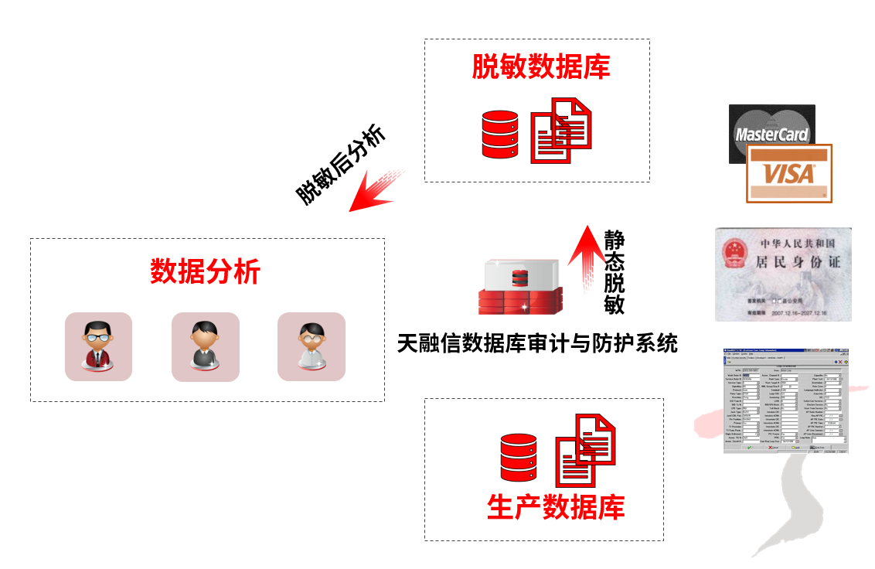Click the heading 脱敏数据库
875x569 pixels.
point(541,67)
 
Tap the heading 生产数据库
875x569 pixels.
point(556,507)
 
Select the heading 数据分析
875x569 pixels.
point(205,272)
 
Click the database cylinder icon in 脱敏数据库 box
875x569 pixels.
point(499,135)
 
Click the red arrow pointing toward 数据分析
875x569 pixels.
point(375,190)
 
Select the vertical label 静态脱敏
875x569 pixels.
point(614,270)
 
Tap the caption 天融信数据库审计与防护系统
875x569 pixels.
point(537,342)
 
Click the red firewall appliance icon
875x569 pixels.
point(519,287)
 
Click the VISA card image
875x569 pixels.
point(789,173)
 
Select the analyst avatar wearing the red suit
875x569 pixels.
point(98,346)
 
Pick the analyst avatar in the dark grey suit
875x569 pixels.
point(205,346)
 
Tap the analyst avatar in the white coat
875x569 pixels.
point(311,346)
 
